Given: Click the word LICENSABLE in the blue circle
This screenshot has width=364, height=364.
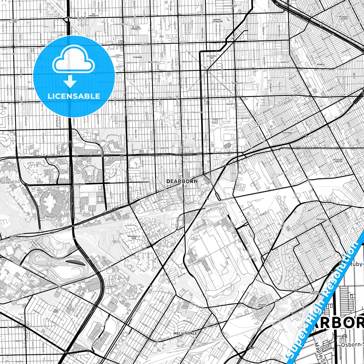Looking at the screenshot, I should click(x=74, y=96).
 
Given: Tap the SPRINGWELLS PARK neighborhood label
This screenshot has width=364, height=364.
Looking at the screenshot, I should click(x=134, y=237).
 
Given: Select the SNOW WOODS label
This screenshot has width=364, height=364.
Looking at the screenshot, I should click(x=56, y=311).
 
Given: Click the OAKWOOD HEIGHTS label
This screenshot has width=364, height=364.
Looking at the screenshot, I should click(x=262, y=306).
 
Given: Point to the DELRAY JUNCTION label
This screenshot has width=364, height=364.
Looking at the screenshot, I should click(x=315, y=292).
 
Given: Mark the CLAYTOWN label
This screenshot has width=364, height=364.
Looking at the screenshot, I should click(x=287, y=133).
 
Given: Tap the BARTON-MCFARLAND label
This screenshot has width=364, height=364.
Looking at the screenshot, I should click(x=217, y=20).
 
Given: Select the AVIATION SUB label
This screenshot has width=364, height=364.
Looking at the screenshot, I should click(x=211, y=57).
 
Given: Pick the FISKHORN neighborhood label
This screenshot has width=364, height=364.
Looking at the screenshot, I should click(x=137, y=57).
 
